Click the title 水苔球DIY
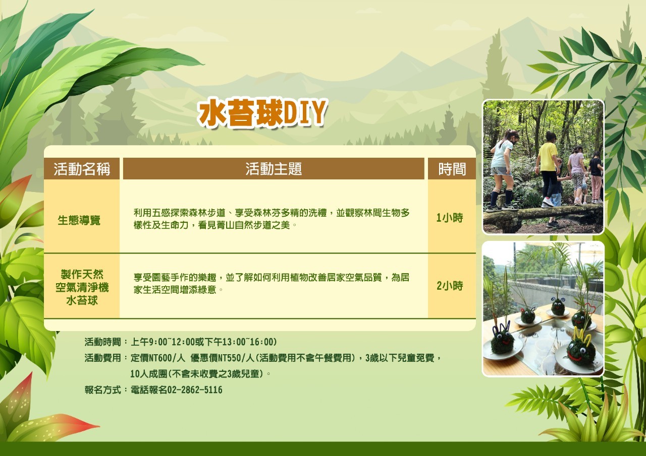click(262, 113)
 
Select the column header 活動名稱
click(82, 169)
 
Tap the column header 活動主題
click(274, 169)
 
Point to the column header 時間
click(452, 169)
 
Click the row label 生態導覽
click(79, 220)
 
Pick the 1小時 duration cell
click(449, 218)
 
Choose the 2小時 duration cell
click(449, 286)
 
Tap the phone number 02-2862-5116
click(195, 390)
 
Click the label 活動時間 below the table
click(102, 342)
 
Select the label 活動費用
click(102, 358)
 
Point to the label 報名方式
click(102, 390)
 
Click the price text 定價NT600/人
click(158, 358)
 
